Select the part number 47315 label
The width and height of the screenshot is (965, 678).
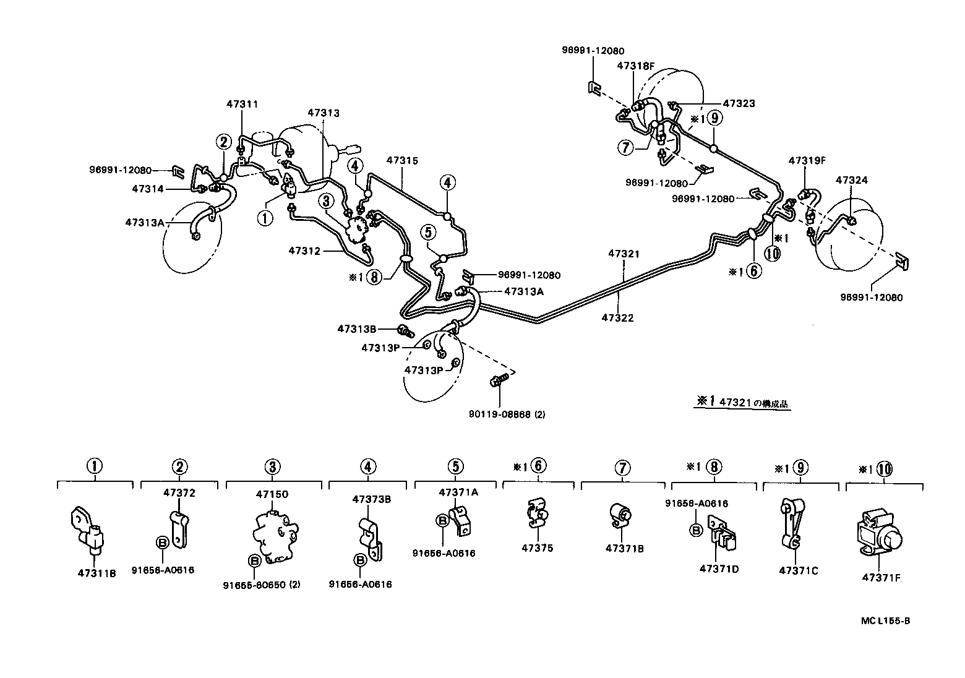point(402,160)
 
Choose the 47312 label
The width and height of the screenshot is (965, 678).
point(304,251)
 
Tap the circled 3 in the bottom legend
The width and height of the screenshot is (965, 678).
point(273,467)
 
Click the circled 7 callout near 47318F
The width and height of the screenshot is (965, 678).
point(625,147)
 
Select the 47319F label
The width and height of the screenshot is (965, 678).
point(807,160)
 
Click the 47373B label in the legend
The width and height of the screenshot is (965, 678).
point(372,499)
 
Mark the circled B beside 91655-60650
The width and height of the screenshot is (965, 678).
point(254,560)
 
